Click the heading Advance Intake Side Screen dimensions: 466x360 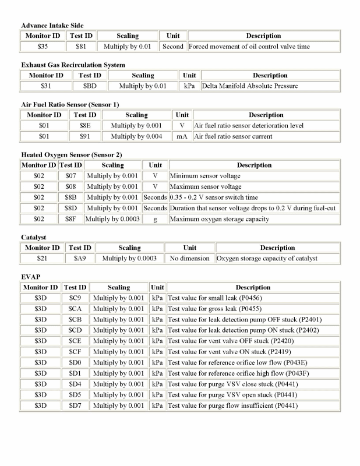[x=52, y=26]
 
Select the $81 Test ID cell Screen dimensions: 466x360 [x=80, y=47]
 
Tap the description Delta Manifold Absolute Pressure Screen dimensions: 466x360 [x=249, y=86]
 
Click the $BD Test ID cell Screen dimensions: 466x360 [x=90, y=86]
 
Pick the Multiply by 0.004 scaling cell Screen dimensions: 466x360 [x=137, y=136]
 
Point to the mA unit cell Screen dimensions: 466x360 [x=182, y=136]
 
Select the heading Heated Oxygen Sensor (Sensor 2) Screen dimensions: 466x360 [x=71, y=154]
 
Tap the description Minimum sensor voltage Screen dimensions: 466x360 [x=204, y=175]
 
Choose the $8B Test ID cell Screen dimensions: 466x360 [x=70, y=197]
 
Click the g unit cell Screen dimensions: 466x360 [x=155, y=219]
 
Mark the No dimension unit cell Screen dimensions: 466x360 [x=190, y=258]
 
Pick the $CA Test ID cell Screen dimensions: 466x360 [x=75, y=309]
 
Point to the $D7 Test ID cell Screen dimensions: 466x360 [x=75, y=405]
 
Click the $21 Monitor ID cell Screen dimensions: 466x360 [x=41, y=258]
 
